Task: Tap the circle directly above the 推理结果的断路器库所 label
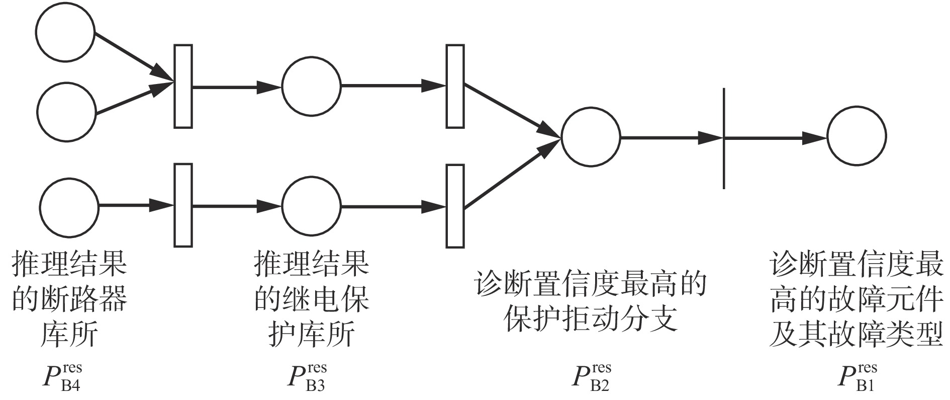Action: pos(69,206)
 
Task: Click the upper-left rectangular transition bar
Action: pos(183,86)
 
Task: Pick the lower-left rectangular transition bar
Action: pos(183,205)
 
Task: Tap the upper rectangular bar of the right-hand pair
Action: pos(455,86)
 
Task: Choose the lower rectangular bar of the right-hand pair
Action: pos(455,205)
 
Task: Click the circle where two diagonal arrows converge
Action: pos(591,136)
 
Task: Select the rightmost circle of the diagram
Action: pos(857,136)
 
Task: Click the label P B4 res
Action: pos(61,377)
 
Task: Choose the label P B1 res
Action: pos(857,377)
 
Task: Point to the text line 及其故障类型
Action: pos(856,334)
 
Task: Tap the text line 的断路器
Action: pos(69,299)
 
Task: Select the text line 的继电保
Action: pos(312,299)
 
